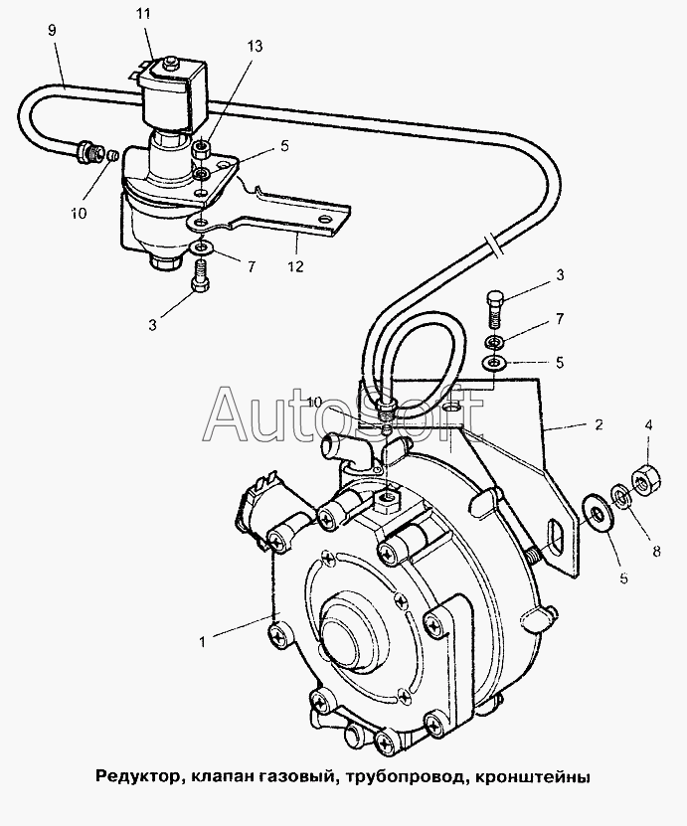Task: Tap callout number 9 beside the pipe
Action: pyautogui.click(x=52, y=30)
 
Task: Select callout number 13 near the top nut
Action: pyautogui.click(x=254, y=47)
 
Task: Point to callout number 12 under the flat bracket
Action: pyautogui.click(x=296, y=266)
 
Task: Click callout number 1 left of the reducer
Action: pyautogui.click(x=202, y=642)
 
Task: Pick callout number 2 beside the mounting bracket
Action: pyautogui.click(x=598, y=424)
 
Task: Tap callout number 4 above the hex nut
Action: pyautogui.click(x=648, y=424)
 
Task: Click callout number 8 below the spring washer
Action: pyautogui.click(x=656, y=551)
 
